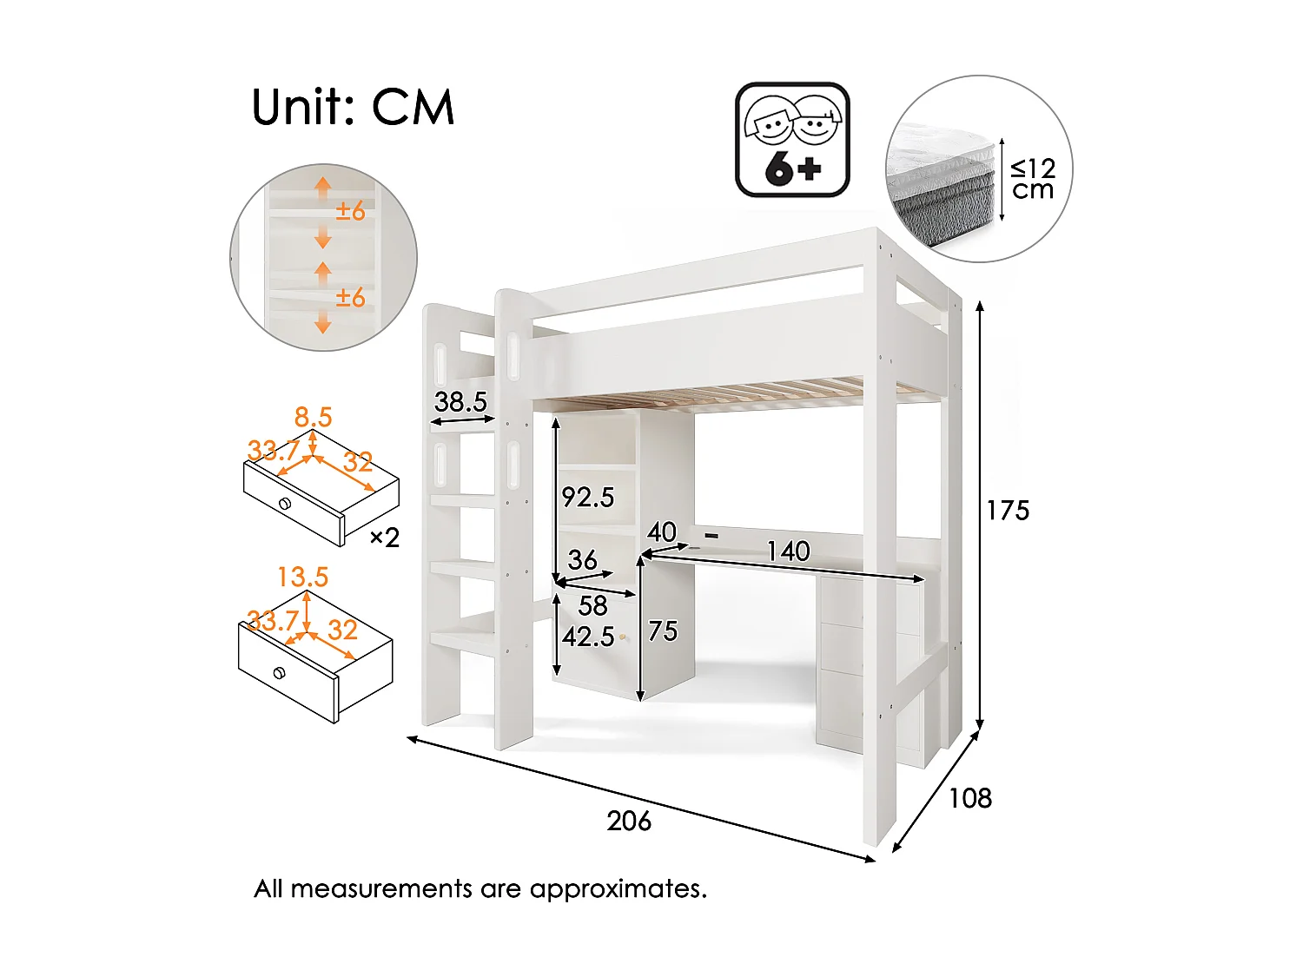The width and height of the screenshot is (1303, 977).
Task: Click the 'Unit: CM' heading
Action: pyautogui.click(x=353, y=108)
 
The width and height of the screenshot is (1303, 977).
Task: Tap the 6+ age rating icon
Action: pyautogui.click(x=792, y=140)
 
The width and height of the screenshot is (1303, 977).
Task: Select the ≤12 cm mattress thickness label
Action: pyautogui.click(x=1033, y=179)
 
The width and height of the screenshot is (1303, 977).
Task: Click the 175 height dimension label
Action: pyautogui.click(x=1008, y=511)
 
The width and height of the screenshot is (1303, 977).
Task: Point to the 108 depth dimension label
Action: pyautogui.click(x=969, y=798)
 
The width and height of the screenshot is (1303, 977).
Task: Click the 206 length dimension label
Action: pyautogui.click(x=629, y=821)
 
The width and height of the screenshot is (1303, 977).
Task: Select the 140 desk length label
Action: pyautogui.click(x=788, y=551)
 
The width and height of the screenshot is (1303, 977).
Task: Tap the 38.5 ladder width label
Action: pyautogui.click(x=460, y=402)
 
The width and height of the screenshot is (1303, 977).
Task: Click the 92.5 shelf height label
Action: pyautogui.click(x=588, y=498)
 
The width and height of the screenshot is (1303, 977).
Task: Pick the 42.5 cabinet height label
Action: pyautogui.click(x=588, y=637)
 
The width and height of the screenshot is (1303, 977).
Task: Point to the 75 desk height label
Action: pyautogui.click(x=663, y=631)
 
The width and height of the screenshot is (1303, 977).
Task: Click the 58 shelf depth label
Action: pyautogui.click(x=592, y=605)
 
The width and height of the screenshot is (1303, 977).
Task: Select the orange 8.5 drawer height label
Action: pyautogui.click(x=313, y=417)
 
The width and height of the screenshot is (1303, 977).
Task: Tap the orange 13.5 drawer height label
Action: pyautogui.click(x=302, y=577)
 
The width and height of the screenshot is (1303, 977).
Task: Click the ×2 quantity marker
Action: pyautogui.click(x=385, y=538)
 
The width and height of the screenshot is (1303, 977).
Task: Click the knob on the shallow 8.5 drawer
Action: pyautogui.click(x=284, y=504)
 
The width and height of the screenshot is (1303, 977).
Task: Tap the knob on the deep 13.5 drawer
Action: pyautogui.click(x=279, y=672)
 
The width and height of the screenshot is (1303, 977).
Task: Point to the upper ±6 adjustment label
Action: pyautogui.click(x=350, y=211)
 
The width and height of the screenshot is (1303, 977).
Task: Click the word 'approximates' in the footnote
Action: pyautogui.click(x=618, y=888)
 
